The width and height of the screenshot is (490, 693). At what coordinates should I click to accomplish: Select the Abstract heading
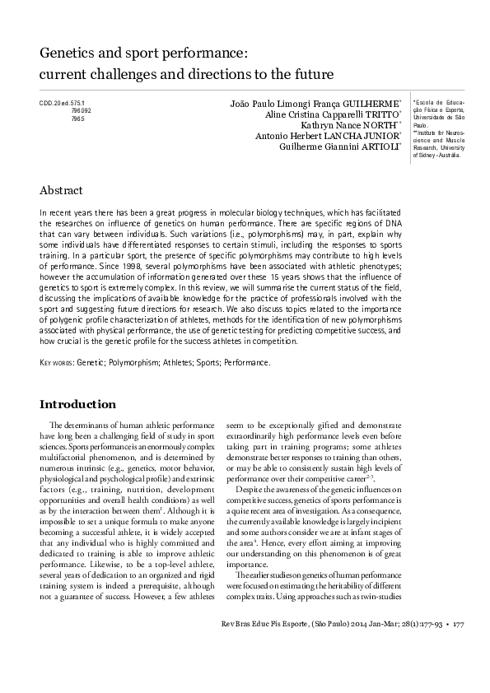tap(61, 190)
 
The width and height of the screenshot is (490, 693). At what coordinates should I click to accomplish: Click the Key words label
tap(55, 361)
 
